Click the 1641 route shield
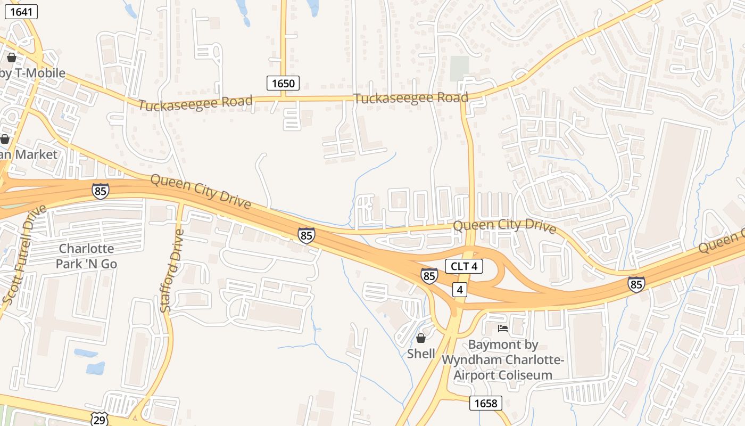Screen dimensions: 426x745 [x=21, y=12]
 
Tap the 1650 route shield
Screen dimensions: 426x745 [x=283, y=83]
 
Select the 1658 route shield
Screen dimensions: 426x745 [x=486, y=403]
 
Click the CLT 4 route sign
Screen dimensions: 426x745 [x=464, y=266]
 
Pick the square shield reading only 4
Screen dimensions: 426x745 [x=460, y=290]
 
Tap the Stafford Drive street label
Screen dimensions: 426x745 [x=172, y=271]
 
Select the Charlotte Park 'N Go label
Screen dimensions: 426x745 [x=86, y=256]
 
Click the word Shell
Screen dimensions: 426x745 [x=421, y=354]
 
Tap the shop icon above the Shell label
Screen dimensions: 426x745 [x=421, y=338]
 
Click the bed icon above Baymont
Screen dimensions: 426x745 [x=503, y=329]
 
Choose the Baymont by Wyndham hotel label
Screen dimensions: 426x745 [x=503, y=360]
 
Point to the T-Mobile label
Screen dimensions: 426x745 [x=33, y=73]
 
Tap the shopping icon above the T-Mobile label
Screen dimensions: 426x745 [x=12, y=58]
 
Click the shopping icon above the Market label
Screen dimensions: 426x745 [x=5, y=140]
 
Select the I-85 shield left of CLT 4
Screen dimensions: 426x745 [x=429, y=275]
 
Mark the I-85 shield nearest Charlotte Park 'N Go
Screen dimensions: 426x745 [x=100, y=191]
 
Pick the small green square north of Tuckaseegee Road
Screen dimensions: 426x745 [x=459, y=69]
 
